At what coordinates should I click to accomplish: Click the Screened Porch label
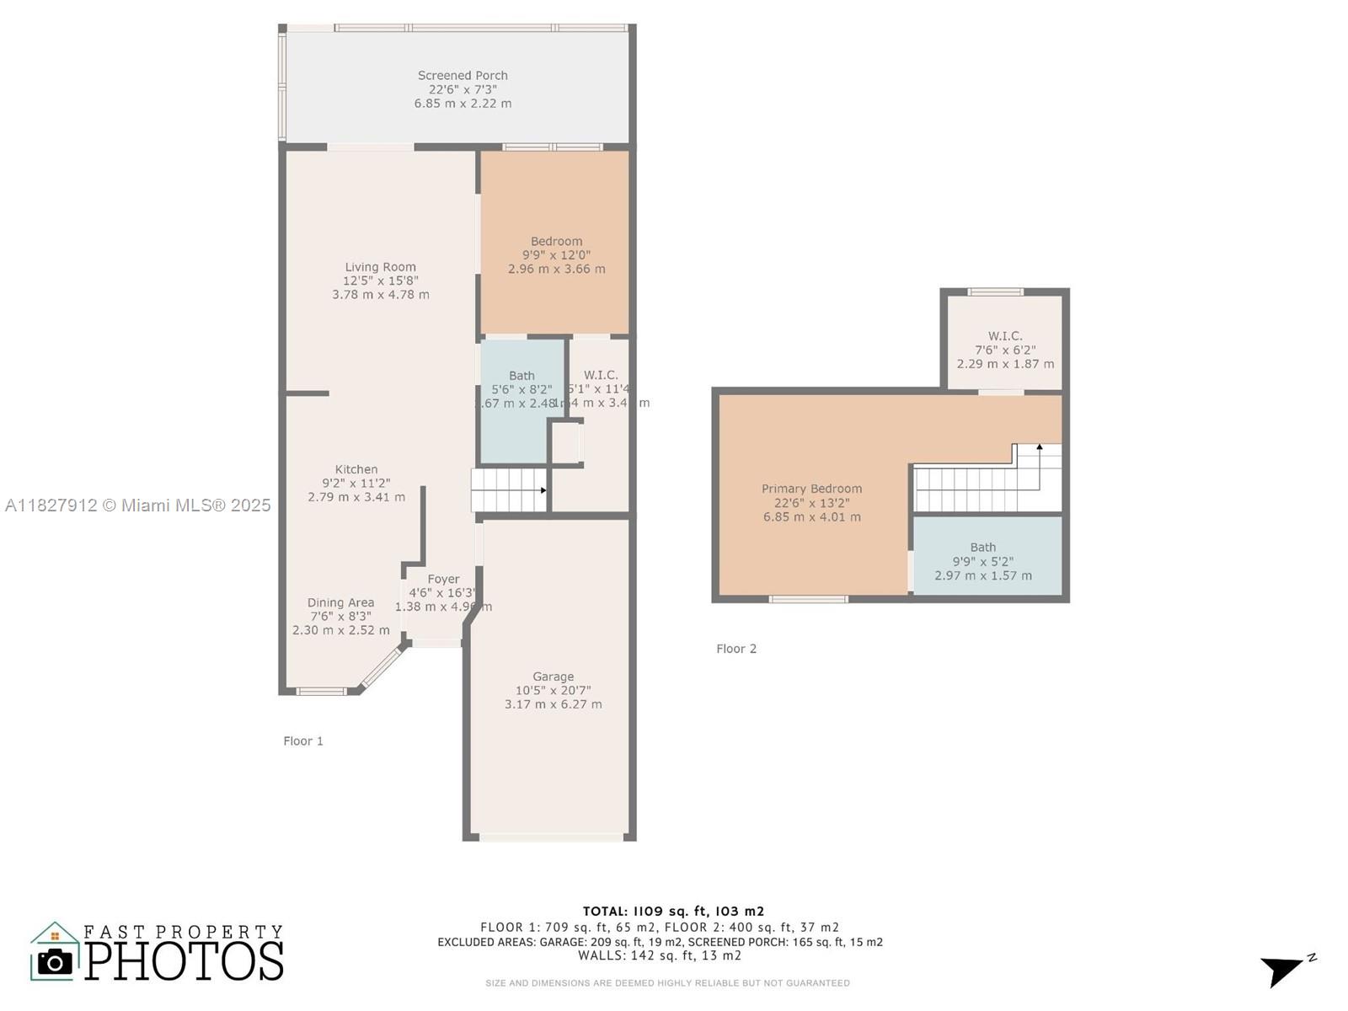[463, 76]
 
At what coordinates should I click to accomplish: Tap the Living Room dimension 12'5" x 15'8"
[380, 281]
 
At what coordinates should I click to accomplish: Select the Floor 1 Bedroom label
[556, 241]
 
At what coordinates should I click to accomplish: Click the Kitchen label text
[356, 469]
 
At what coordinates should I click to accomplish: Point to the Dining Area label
[340, 602]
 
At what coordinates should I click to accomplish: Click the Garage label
[553, 677]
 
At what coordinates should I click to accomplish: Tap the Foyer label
[443, 579]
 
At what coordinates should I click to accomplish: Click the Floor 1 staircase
[508, 490]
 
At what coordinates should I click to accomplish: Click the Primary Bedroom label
[811, 489]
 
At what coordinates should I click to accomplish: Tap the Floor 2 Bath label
[982, 548]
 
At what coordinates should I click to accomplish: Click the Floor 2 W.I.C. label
[1005, 336]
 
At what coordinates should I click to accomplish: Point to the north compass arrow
[1284, 969]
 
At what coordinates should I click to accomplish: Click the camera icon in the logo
[56, 961]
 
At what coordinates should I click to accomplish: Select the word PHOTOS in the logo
[185, 961]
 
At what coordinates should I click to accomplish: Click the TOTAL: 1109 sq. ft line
[673, 911]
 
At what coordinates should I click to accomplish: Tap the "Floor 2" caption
[736, 649]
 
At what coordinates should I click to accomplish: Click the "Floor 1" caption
[303, 741]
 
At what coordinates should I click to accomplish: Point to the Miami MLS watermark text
[138, 505]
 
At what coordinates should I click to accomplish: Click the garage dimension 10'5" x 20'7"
[553, 690]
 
